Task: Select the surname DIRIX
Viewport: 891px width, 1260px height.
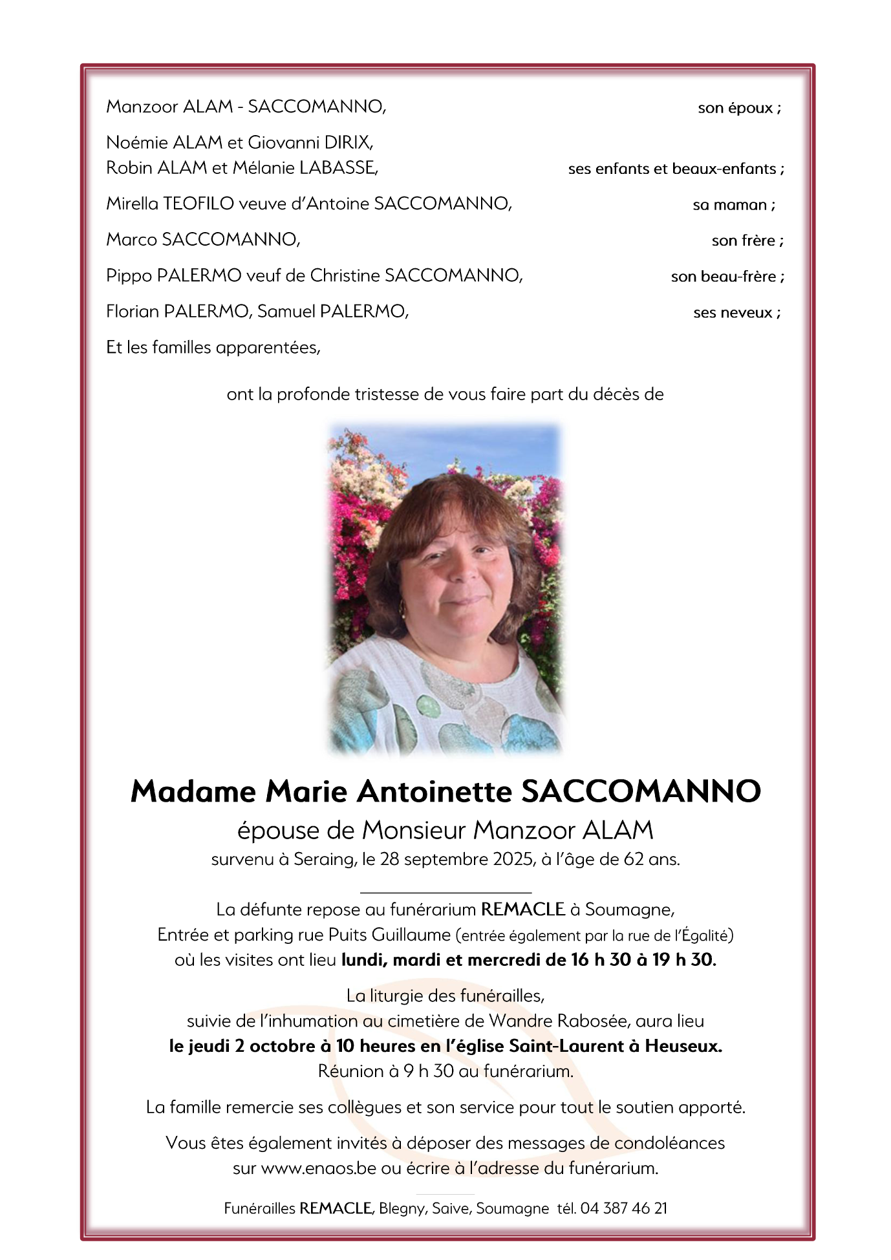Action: click(351, 142)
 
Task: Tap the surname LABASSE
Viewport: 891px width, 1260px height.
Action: click(339, 168)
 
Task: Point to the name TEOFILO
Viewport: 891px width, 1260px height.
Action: click(199, 204)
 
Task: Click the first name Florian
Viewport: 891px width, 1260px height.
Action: click(133, 312)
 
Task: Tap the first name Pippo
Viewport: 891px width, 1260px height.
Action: click(129, 276)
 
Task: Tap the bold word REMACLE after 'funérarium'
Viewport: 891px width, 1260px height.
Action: click(522, 910)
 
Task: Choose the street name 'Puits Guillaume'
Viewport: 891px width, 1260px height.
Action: click(389, 935)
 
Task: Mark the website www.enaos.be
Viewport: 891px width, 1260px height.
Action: click(318, 1169)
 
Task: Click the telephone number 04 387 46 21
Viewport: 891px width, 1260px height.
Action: click(623, 1209)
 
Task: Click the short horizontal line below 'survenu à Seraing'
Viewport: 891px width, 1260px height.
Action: click(445, 893)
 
